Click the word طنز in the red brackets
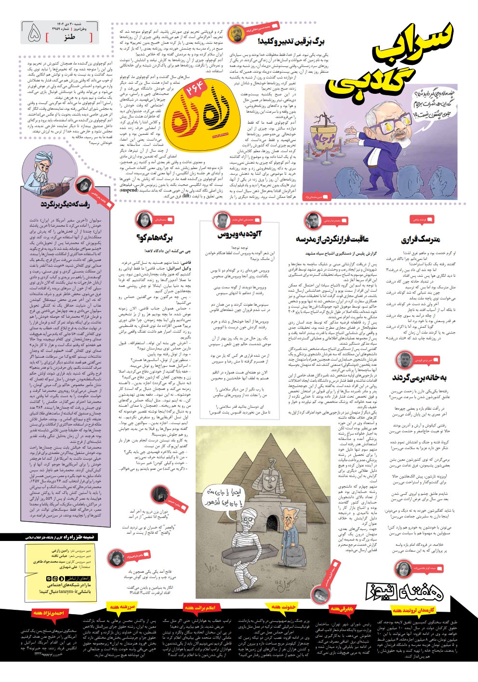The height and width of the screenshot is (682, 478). coord(69,37)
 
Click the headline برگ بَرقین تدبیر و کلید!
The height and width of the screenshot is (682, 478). coord(291,41)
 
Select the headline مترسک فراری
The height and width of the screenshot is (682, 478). coord(421,239)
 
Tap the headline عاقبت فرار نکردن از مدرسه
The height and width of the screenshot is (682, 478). coord(332,239)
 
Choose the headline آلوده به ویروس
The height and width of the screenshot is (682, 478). coord(239,235)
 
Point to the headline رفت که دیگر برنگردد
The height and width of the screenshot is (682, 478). coord(65,205)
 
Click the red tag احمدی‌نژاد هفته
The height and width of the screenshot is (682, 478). coord(48,613)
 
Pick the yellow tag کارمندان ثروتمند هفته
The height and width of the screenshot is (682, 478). coord(413,610)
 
